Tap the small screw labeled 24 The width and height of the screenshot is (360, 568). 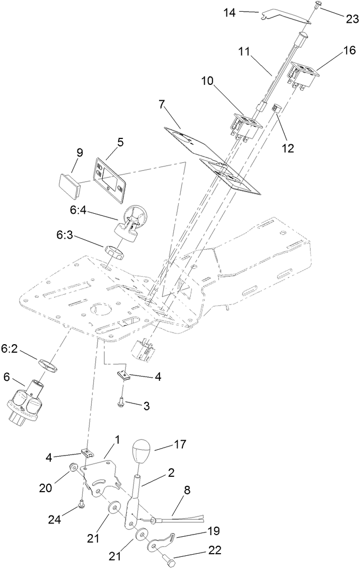[81, 504]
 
